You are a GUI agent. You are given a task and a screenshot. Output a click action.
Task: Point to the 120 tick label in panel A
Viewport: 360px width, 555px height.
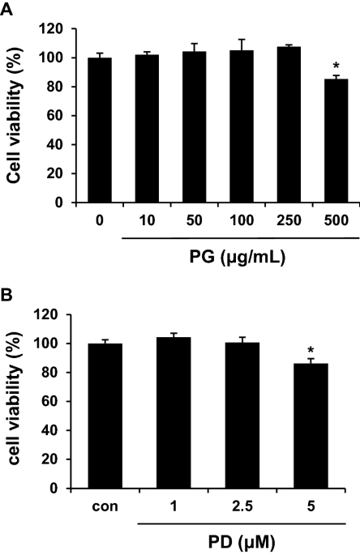point(53,29)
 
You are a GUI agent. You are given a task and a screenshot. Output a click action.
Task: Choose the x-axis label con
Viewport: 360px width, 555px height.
point(110,508)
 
